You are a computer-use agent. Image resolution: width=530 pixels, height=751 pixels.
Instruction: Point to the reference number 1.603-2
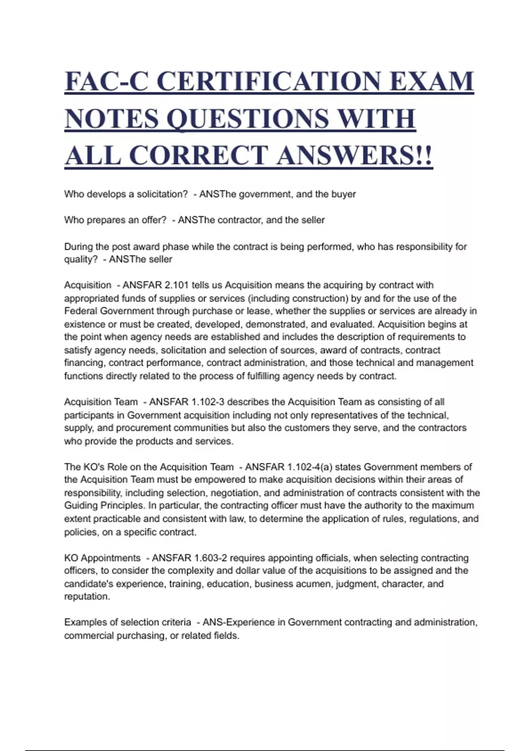(x=210, y=558)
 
